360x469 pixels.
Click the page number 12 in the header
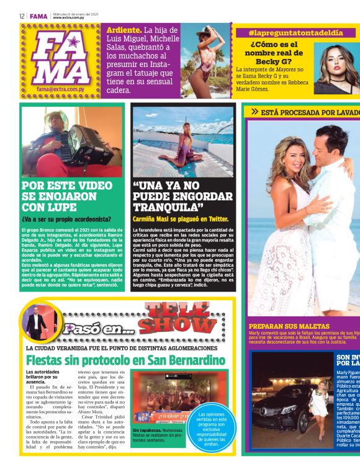[x=21, y=16]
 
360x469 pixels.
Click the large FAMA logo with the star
[x=60, y=59]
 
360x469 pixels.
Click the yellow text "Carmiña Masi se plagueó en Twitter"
[x=181, y=218]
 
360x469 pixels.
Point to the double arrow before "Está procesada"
[x=254, y=112]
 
